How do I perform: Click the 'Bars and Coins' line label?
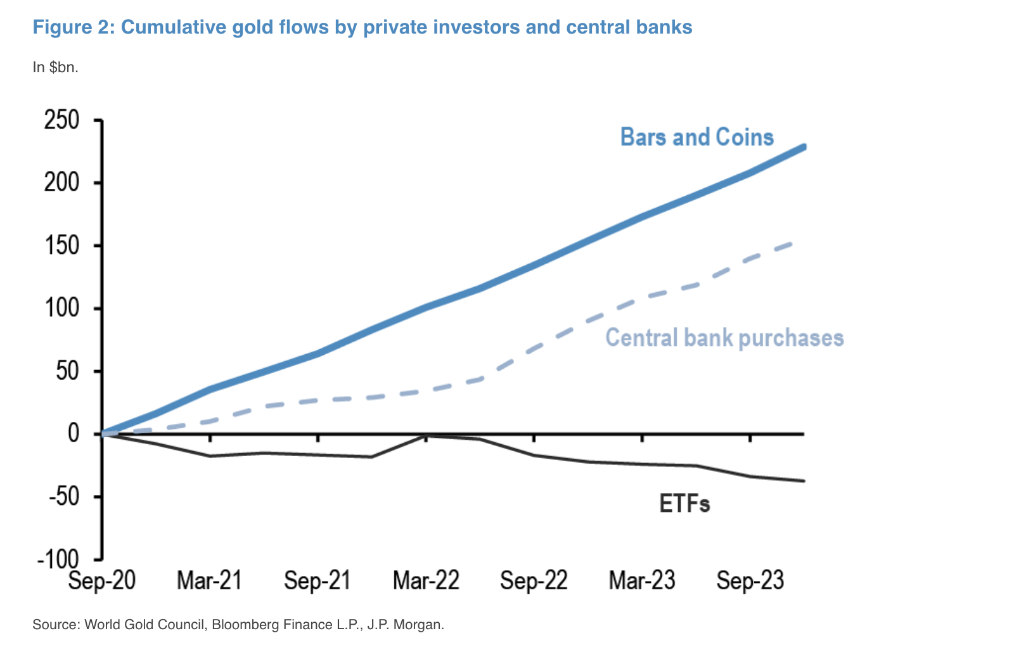696,137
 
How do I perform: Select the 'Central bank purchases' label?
724,338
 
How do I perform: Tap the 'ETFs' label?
684,504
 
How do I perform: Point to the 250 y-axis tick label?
61,120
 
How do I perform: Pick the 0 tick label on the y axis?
74,434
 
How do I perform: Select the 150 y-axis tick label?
61,246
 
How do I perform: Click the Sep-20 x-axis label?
101,580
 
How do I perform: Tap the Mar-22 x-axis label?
426,580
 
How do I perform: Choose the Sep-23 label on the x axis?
750,580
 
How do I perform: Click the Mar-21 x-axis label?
209,580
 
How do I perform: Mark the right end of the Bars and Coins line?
804,147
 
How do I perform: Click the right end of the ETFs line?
804,481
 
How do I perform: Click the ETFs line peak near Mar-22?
426,435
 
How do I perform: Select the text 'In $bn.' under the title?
56,67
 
